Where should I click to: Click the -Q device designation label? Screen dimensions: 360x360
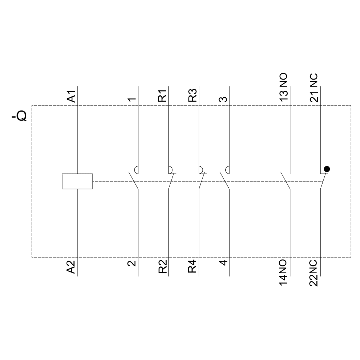click(19, 116)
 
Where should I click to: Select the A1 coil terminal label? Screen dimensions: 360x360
click(71, 96)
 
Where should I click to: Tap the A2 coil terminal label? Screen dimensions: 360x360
click(71, 267)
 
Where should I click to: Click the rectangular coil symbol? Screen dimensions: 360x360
click(77, 181)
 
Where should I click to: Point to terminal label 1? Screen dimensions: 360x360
click(132, 99)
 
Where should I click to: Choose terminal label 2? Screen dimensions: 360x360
click(132, 264)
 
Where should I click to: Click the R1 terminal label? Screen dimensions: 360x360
click(162, 95)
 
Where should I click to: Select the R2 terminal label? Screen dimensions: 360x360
click(162, 267)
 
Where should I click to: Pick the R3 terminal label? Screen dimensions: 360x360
click(193, 95)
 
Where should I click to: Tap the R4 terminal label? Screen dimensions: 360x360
click(193, 267)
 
